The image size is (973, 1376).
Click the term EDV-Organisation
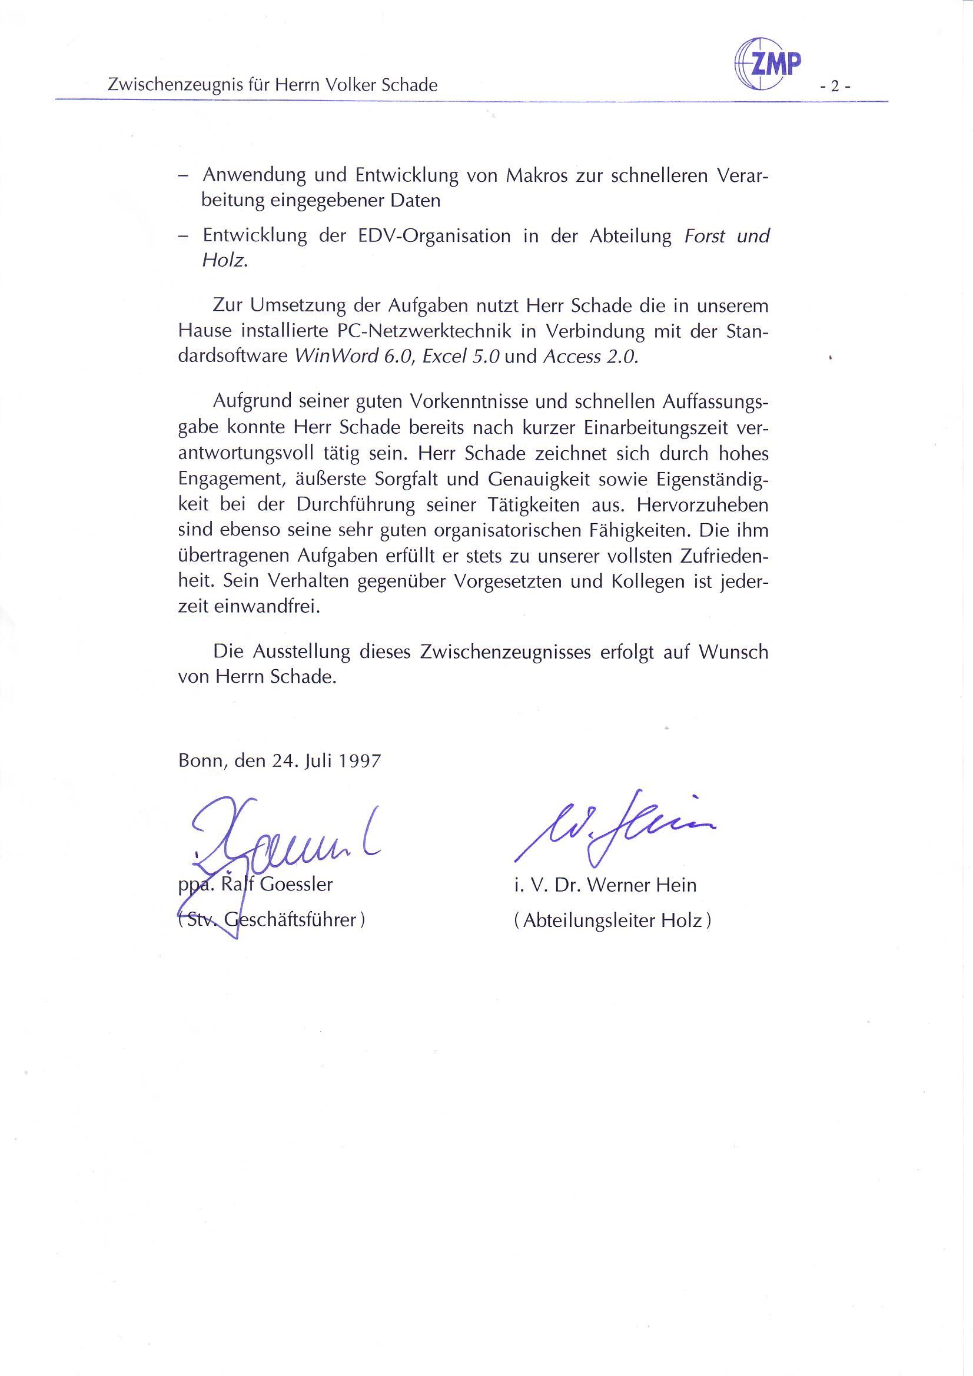[434, 235]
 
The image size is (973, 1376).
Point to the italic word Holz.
[225, 261]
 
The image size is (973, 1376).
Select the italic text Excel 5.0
[461, 357]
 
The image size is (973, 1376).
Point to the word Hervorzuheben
[702, 504]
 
